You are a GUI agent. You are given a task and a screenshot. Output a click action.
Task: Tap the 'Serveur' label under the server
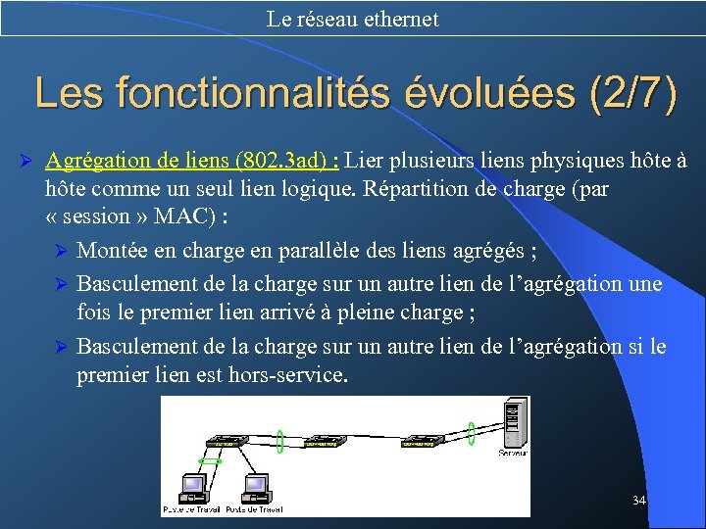click(513, 453)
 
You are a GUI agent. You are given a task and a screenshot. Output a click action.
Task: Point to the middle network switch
click(325, 443)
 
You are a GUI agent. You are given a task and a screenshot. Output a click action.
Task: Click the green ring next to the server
click(471, 432)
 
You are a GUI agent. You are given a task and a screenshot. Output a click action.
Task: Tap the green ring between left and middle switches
click(279, 441)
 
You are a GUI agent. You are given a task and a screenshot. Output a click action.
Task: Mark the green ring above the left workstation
click(209, 459)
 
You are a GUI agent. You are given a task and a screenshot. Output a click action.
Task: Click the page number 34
click(639, 501)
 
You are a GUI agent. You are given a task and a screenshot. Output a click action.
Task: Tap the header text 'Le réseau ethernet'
click(352, 19)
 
